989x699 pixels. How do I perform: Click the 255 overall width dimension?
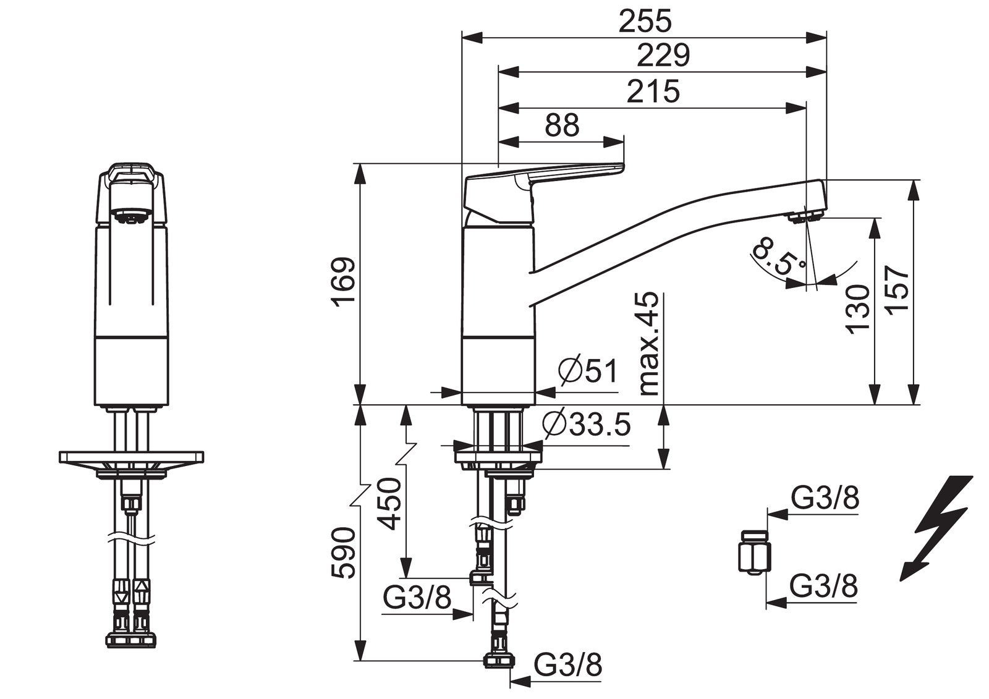(645, 21)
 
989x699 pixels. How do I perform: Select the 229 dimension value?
(663, 55)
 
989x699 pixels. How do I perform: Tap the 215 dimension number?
(653, 91)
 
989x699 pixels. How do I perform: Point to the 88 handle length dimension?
(562, 125)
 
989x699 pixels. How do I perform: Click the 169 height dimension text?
(344, 282)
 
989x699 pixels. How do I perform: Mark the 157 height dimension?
(898, 290)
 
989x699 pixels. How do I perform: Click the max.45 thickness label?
(648, 344)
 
